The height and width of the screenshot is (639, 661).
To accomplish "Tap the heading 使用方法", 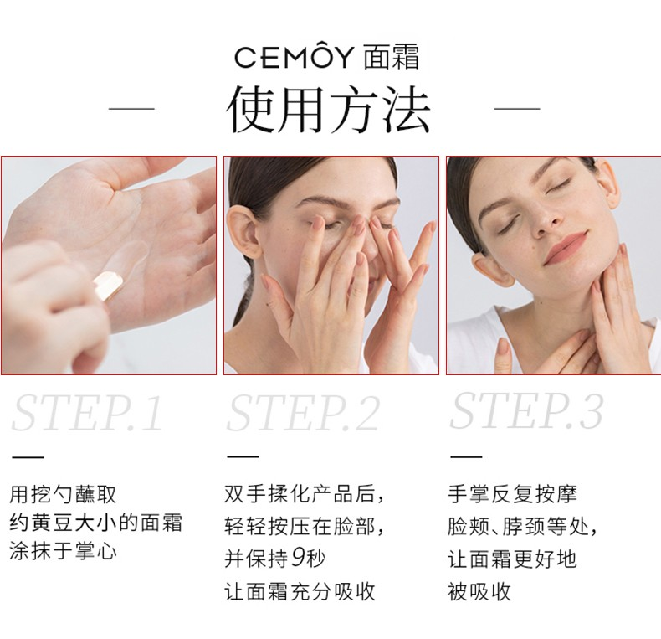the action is [x=328, y=109].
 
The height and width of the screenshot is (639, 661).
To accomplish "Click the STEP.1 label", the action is [x=87, y=412].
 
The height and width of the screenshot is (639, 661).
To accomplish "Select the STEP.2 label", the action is [x=303, y=412].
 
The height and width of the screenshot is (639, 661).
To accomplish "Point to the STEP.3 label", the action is [x=526, y=410].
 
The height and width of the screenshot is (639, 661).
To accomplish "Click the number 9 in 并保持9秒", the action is [x=298, y=558].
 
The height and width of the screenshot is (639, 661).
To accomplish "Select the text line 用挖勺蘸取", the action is [x=63, y=494].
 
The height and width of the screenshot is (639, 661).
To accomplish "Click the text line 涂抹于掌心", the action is [x=63, y=551].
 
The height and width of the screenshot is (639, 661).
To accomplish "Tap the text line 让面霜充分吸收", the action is [x=300, y=591].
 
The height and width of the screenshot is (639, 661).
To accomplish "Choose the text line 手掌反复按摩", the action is [x=512, y=494].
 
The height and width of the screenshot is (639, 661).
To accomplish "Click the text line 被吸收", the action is [x=479, y=591].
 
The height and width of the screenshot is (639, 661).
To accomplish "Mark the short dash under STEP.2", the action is [x=243, y=456].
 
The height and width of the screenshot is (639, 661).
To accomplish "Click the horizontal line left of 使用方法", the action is [x=131, y=109].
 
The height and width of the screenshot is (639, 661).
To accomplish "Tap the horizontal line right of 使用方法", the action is [x=517, y=109].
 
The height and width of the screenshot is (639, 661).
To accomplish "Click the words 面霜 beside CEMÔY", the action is [x=392, y=57].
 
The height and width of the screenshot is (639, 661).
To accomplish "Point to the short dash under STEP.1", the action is [x=28, y=456].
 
